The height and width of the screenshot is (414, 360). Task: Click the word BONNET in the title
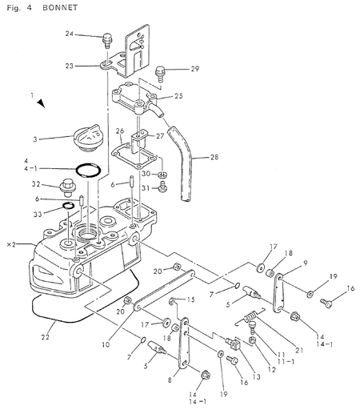click(x=60, y=8)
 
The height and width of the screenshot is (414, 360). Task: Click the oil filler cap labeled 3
click(x=87, y=138)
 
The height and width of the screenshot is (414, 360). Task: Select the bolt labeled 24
click(x=106, y=40)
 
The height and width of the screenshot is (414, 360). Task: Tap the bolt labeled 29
click(x=160, y=74)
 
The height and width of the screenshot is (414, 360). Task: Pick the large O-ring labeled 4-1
click(x=89, y=170)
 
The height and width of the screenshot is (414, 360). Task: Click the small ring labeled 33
click(x=68, y=206)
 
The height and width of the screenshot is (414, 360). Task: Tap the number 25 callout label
click(x=178, y=95)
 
